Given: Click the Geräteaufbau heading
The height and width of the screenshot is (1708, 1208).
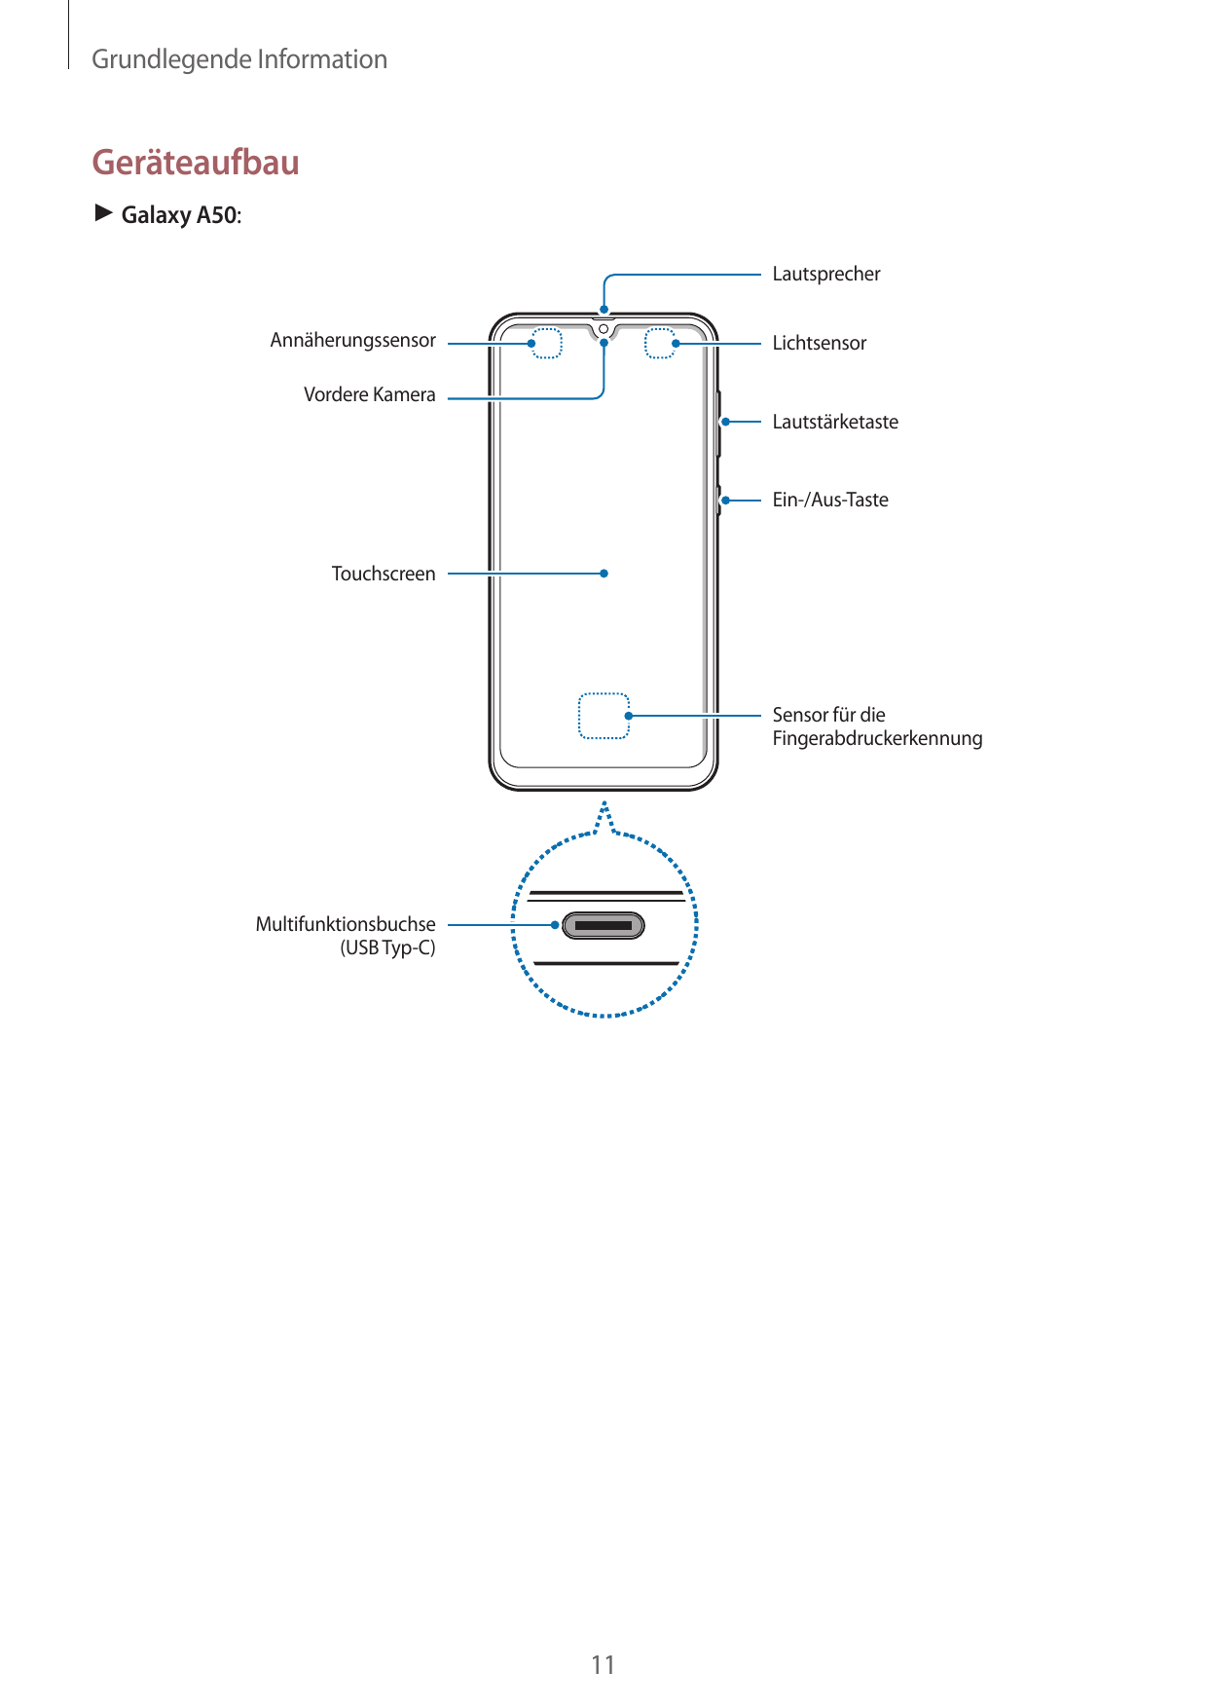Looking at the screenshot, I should point(196,163).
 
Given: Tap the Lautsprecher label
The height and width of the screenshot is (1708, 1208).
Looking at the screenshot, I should point(825,275).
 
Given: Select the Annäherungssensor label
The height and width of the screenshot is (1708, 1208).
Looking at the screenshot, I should point(352,341).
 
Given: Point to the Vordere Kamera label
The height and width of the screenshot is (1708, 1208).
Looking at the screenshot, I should point(369,395).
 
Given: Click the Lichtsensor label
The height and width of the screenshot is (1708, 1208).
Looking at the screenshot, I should point(819,344).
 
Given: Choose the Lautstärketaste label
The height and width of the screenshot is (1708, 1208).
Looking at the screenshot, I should point(834,423).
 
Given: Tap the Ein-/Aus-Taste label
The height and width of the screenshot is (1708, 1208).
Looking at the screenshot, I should point(829,501).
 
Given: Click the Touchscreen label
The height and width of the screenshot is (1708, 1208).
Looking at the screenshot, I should point(383,575).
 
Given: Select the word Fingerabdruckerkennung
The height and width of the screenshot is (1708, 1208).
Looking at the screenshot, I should point(877,739).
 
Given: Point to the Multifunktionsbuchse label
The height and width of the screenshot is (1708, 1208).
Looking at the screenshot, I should point(345,925).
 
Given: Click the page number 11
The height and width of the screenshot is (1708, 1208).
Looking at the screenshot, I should point(603,1665).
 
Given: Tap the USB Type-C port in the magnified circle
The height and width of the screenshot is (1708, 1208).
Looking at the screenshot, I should point(604,925).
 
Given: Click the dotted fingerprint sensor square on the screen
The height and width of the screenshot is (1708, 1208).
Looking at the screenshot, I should point(604,716).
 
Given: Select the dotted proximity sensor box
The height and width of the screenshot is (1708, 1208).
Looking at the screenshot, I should point(547,344).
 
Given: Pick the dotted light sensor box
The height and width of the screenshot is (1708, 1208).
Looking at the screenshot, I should point(659,344).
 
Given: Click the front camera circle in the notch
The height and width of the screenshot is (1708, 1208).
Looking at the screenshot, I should point(604,329).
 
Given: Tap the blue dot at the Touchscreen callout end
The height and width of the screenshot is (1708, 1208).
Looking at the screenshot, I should point(604,574).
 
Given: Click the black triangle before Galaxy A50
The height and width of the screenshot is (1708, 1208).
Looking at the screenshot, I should point(103,213).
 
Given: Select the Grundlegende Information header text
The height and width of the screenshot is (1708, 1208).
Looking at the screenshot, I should point(239,60).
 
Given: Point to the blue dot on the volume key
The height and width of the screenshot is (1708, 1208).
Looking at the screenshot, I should point(726,422).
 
